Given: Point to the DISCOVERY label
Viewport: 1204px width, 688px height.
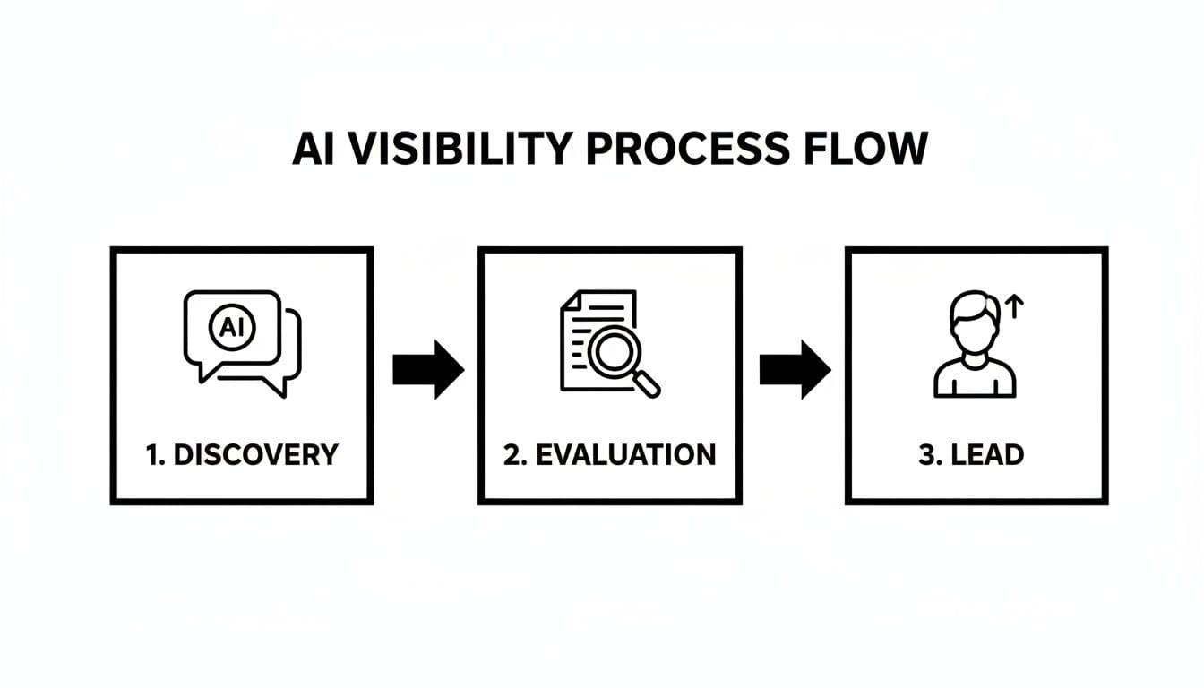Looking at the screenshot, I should [253, 454].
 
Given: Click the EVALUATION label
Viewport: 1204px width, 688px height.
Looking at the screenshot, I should [624, 454].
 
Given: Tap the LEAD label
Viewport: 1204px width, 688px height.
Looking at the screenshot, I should [988, 454].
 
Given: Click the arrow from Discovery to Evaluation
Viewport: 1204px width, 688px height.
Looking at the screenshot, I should [427, 369].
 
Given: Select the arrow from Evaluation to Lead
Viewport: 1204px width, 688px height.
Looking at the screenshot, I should [795, 369].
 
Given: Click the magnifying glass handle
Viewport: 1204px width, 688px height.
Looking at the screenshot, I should [648, 384].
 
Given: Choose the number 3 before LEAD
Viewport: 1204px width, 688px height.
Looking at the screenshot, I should [926, 454].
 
